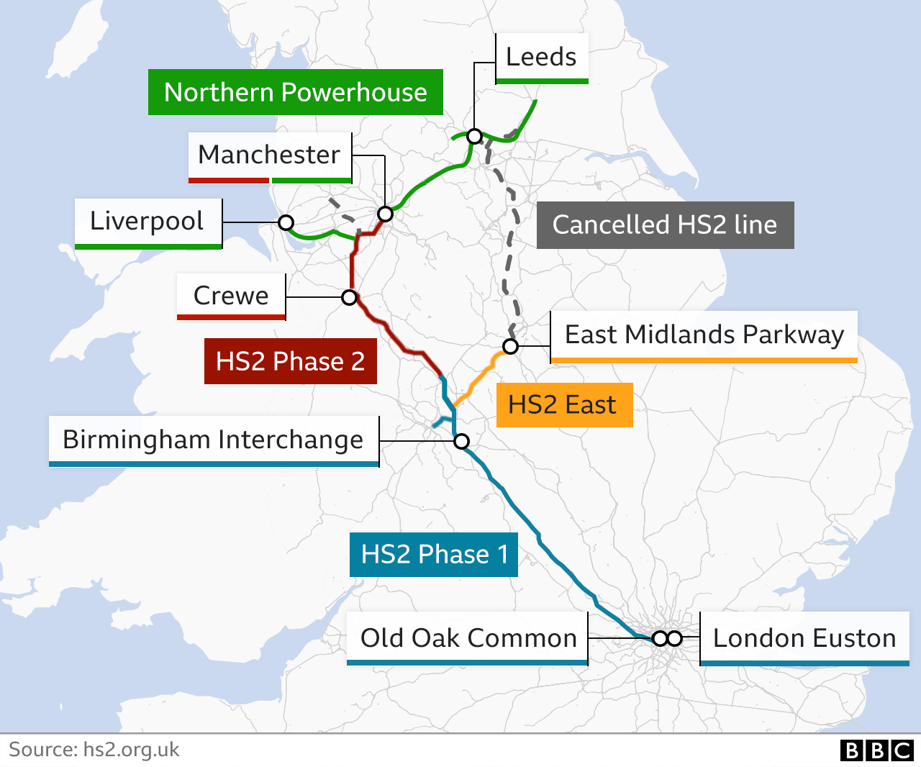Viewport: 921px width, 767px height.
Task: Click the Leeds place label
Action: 541,57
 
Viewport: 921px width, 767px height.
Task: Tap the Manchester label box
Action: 270,155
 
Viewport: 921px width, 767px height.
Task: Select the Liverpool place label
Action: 148,222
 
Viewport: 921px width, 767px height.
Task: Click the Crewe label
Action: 231,296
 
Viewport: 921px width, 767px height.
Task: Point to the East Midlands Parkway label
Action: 704,335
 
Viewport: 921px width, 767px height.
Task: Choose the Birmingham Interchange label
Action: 214,440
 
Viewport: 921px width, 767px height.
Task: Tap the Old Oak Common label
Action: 468,638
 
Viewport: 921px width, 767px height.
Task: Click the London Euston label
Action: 804,638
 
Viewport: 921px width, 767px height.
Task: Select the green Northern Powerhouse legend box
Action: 295,92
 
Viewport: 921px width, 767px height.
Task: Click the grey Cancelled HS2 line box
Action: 665,224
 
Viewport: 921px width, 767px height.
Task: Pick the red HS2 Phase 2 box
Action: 290,361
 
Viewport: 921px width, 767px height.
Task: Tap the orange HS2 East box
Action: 563,405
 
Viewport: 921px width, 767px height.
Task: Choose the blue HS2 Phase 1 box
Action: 433,554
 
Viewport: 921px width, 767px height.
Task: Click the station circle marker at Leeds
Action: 474,136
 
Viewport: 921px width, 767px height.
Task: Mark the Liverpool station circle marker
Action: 286,222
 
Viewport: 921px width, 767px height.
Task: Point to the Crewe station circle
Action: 349,297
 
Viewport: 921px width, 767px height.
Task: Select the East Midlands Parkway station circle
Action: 510,347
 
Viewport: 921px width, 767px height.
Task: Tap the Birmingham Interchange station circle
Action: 461,441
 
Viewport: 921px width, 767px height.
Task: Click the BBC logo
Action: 876,750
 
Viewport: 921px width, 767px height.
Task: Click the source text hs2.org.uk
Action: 94,750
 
